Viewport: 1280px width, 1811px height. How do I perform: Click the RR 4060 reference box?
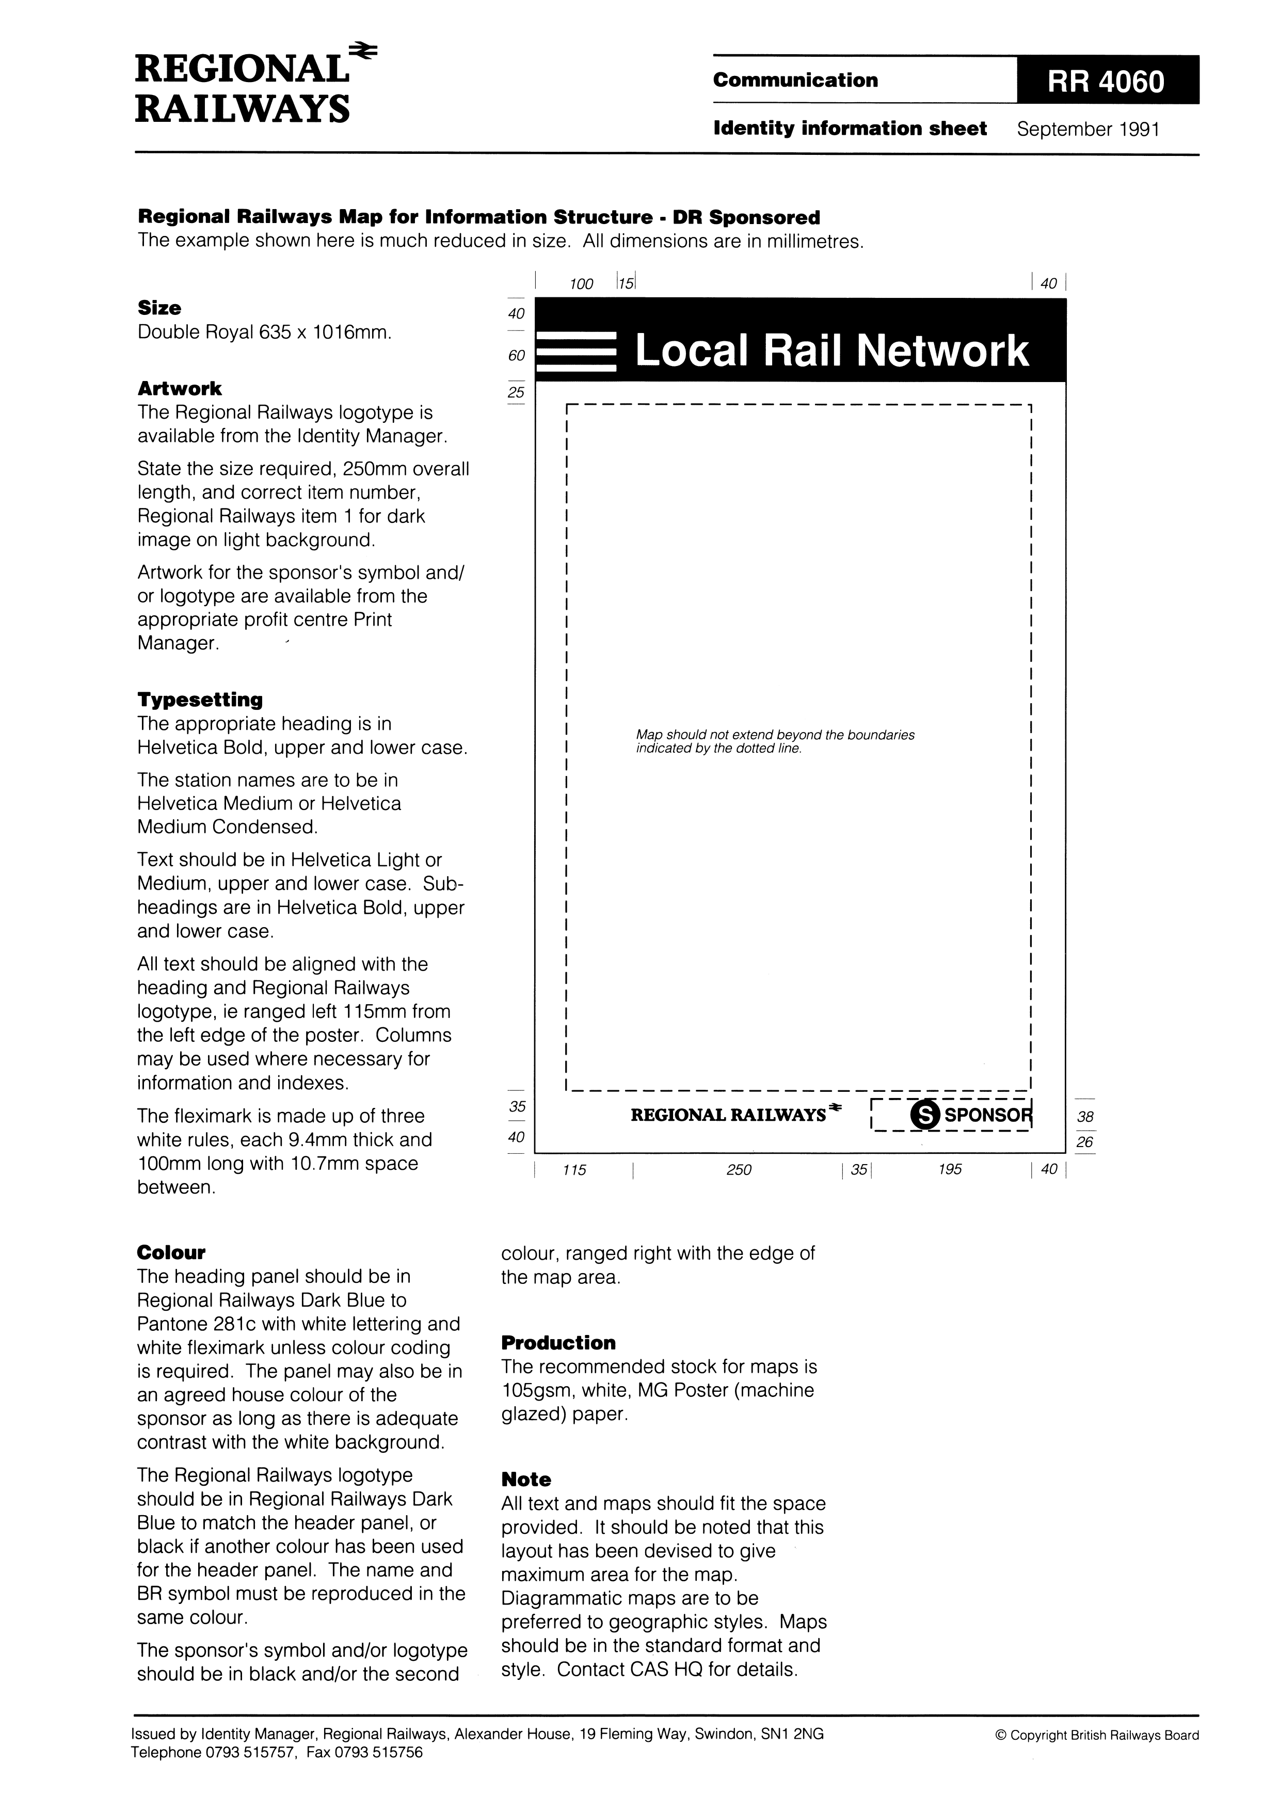1107,81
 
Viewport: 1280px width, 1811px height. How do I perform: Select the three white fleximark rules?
575,352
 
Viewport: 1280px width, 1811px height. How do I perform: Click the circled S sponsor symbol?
924,1115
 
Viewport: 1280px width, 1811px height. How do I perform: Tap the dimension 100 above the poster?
581,284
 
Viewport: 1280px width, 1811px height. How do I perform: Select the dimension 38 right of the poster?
1085,1117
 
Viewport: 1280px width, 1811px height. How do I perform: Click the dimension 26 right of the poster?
1085,1142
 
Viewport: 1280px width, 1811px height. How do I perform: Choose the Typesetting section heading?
200,700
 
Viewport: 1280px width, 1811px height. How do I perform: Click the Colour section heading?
171,1252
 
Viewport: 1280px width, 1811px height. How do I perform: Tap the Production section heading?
558,1342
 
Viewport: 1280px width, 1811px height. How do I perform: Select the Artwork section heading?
180,388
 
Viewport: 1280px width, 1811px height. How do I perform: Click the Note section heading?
526,1480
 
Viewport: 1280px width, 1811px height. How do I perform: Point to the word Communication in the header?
795,81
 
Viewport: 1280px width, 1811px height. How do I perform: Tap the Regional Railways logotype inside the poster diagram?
736,1115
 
